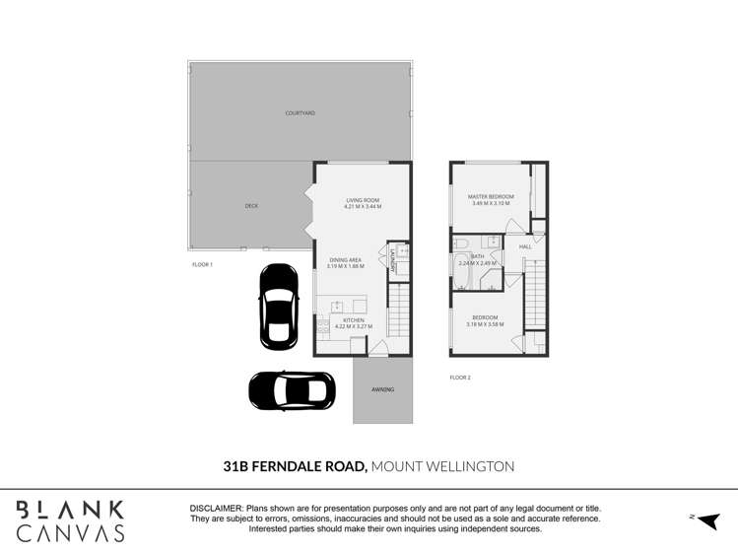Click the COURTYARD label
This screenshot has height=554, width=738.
point(300,113)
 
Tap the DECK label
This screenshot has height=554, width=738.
point(251,206)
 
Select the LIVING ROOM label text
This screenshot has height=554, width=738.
point(362,200)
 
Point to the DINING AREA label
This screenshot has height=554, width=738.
point(346,260)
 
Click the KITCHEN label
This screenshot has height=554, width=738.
point(353,320)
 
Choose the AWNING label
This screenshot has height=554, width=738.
point(382,389)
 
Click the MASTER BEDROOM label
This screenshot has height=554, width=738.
point(491,197)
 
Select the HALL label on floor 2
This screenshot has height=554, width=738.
point(525,246)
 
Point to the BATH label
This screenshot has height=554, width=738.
point(477,256)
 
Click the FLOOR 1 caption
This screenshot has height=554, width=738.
point(202,264)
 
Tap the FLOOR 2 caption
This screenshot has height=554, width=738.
point(460,378)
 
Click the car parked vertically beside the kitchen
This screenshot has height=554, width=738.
point(279,307)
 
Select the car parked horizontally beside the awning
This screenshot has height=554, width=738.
point(293,390)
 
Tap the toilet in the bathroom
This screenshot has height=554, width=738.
point(460,242)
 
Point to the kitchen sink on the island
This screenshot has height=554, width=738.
point(337,306)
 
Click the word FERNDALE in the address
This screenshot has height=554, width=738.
point(307,466)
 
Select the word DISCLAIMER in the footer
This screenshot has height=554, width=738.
point(217,507)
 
